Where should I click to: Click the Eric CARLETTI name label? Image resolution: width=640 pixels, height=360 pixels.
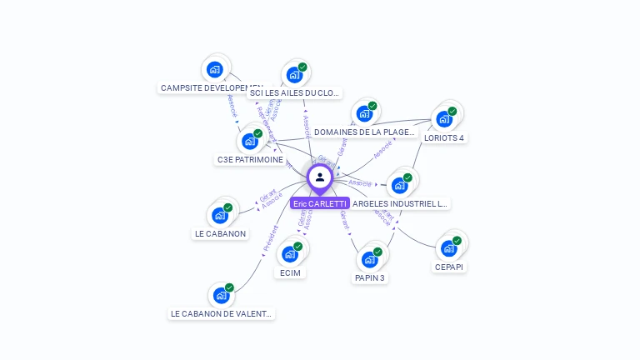coord(320,203)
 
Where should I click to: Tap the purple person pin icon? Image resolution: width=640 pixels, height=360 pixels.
coord(320,177)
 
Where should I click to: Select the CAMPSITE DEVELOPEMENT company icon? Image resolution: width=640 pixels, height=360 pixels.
coord(215,69)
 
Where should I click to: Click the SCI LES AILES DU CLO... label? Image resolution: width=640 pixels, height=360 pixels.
coord(295,93)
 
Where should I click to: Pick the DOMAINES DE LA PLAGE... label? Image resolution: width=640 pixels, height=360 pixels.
coord(364,132)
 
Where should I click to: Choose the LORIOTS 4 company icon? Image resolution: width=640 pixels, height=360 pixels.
coord(444,118)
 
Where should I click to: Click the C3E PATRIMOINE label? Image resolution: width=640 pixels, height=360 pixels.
coord(251,159)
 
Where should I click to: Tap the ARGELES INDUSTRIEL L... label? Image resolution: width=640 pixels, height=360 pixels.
coord(400,203)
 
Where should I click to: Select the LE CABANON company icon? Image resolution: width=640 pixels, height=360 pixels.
coord(220,215)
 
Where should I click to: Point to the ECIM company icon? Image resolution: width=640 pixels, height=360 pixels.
coord(290,254)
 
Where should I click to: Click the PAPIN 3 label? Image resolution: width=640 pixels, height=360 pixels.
coord(369,277)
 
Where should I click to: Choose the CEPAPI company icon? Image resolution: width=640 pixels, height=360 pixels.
coord(449,248)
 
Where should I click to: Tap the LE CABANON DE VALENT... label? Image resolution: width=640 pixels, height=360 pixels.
coord(221,314)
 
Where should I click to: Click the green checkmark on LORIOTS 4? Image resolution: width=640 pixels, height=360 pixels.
coord(452,111)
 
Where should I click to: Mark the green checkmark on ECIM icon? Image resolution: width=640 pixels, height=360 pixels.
coord(298,247)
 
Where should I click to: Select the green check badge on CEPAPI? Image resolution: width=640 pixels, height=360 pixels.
coord(457,241)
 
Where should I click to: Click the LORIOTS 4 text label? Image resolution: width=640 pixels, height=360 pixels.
coord(444,138)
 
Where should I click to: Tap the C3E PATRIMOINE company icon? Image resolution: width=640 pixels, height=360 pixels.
coord(249,141)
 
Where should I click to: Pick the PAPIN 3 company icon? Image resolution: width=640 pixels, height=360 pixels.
coord(369,259)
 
